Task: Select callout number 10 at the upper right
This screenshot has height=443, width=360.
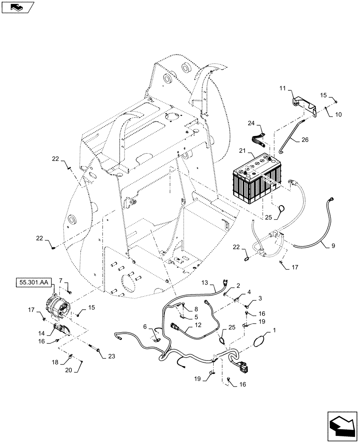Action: tap(339, 114)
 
